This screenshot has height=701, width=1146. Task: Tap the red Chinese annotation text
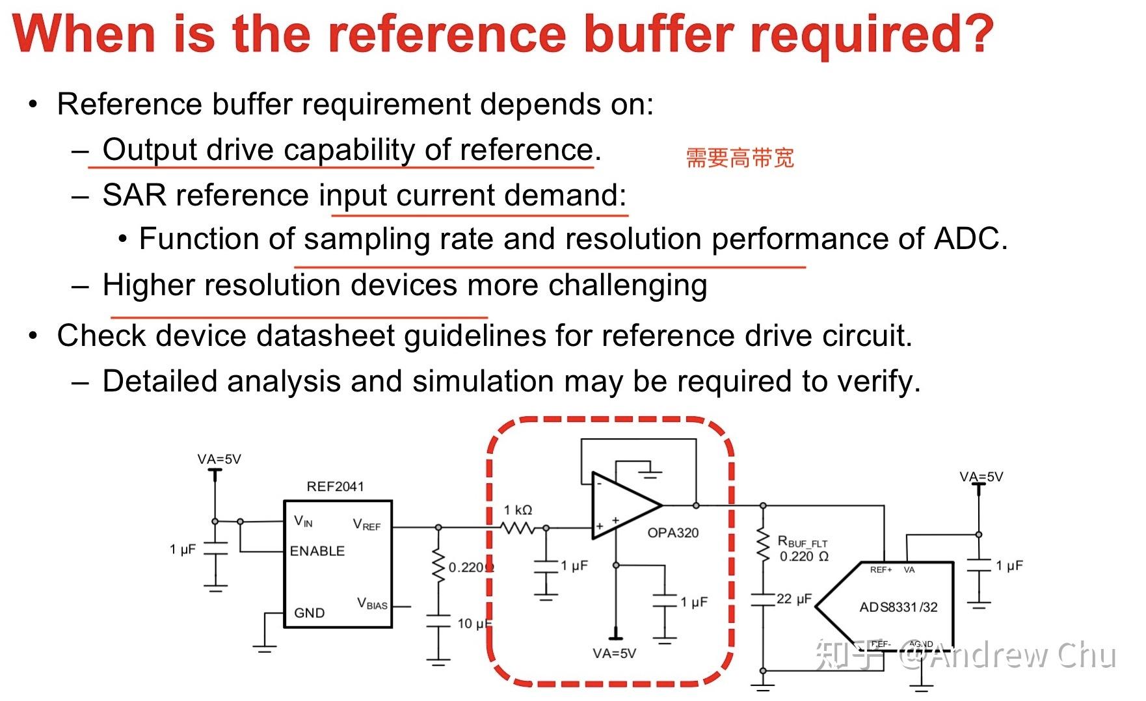coord(740,158)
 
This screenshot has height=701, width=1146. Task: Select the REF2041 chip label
coord(335,486)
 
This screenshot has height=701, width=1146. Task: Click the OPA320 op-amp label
coord(673,533)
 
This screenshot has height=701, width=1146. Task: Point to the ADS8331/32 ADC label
coord(898,607)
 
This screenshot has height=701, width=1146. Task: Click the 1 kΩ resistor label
coord(518,510)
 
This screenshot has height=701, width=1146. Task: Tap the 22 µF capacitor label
coord(793,599)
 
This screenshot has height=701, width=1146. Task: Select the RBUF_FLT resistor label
coord(803,542)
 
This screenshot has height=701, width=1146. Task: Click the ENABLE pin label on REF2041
coord(317,551)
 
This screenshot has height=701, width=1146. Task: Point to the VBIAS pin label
coord(372,603)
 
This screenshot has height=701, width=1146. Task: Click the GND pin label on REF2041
coord(309,613)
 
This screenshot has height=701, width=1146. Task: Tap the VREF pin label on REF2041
coord(366,524)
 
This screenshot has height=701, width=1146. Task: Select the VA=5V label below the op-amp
coord(614,653)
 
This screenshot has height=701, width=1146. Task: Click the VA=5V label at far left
coord(219,459)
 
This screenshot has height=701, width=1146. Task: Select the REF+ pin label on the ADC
coord(881,570)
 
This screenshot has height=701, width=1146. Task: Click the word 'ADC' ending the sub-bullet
coord(966,239)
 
